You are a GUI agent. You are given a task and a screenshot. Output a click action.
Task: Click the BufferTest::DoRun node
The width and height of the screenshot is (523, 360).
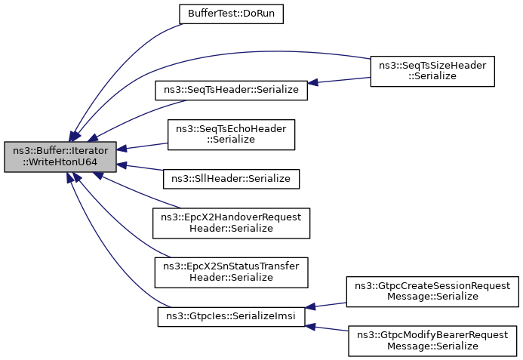pos(230,14)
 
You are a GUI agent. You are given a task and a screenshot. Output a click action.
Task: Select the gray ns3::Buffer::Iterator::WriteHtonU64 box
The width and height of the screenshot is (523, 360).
pos(60,156)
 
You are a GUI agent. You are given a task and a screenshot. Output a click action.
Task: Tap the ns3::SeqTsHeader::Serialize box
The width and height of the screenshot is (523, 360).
pos(231,89)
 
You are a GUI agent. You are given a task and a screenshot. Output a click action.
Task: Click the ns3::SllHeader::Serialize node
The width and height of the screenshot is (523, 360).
pos(231,178)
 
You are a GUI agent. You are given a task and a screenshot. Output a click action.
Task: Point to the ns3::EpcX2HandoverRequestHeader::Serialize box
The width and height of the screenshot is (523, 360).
pos(231,223)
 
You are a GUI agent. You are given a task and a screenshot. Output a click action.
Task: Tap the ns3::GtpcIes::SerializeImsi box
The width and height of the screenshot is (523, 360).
pos(231,316)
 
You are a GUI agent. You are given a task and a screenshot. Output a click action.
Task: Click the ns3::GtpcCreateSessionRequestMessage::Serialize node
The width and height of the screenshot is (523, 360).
pos(432,291)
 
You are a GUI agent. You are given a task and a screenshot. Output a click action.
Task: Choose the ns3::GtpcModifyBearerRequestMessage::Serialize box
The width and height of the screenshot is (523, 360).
pos(432,340)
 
